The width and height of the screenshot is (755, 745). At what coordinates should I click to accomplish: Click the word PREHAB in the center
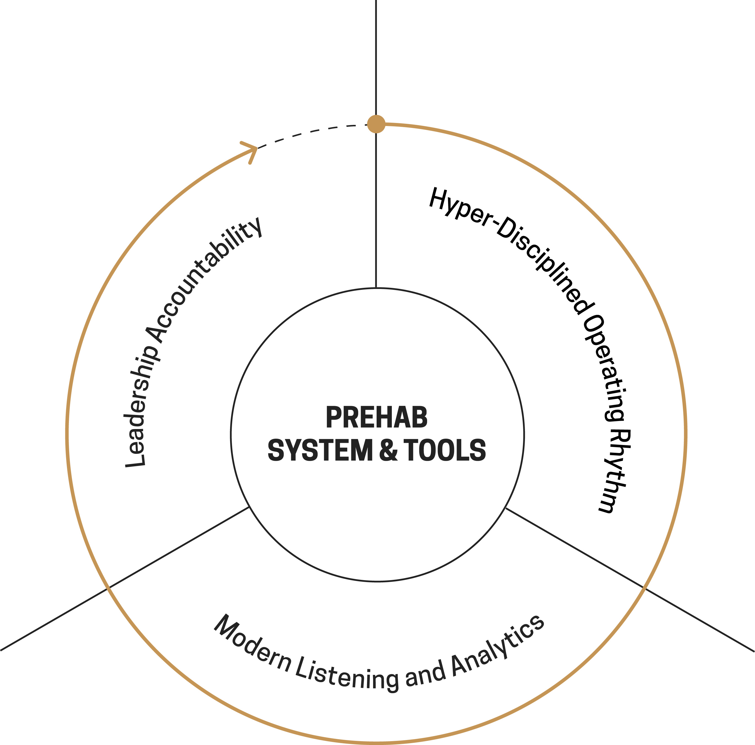point(377,418)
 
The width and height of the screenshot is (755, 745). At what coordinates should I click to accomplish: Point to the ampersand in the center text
point(388,450)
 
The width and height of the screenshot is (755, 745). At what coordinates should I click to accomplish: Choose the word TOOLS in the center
point(445,450)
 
